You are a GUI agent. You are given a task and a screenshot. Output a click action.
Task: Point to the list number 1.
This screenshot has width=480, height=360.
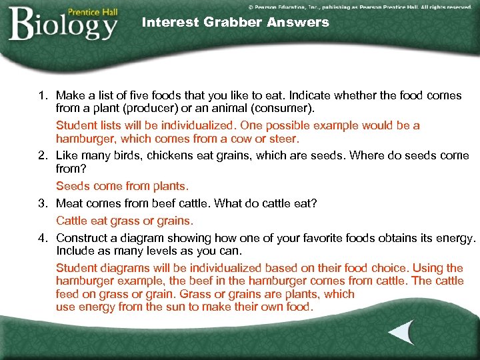[41, 95]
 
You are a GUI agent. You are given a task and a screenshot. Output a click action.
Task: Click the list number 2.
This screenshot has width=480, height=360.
[41, 155]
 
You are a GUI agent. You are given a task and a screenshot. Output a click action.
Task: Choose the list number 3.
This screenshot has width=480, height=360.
[41, 203]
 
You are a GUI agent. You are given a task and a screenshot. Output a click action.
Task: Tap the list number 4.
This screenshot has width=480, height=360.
[41, 237]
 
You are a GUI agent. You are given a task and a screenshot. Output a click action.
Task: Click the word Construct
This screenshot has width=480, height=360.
[83, 237]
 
